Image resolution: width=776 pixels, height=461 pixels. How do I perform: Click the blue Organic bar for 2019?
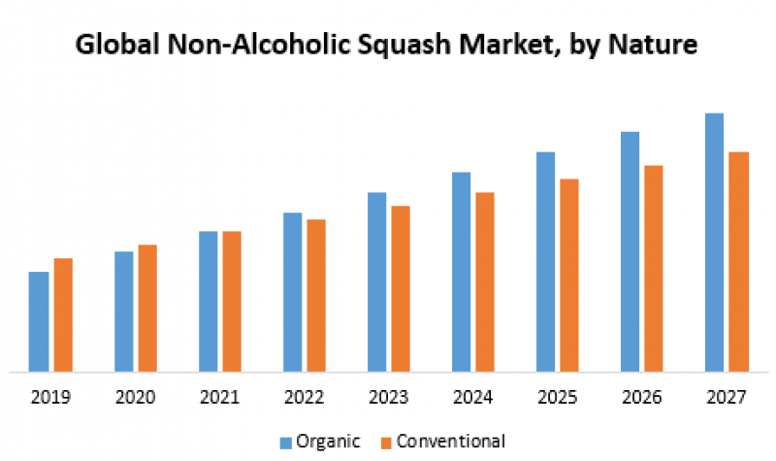click(x=39, y=321)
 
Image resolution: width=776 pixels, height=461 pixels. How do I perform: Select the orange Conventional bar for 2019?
click(x=63, y=314)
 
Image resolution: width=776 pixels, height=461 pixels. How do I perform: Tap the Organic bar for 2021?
click(x=208, y=301)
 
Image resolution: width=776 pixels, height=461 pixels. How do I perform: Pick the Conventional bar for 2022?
click(x=316, y=295)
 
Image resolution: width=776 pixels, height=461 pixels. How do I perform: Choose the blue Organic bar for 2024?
click(x=461, y=272)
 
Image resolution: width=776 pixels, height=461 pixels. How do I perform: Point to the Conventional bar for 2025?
click(x=569, y=275)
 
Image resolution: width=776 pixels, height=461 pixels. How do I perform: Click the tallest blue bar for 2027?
click(x=714, y=242)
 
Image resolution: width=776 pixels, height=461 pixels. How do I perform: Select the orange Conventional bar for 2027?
click(x=738, y=261)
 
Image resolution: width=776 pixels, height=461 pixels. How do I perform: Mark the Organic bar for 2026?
click(x=630, y=251)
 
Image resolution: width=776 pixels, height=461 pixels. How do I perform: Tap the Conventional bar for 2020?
click(x=147, y=308)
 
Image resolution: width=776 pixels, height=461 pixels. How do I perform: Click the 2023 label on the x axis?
click(x=388, y=396)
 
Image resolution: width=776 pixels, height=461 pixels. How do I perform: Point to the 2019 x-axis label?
click(x=50, y=396)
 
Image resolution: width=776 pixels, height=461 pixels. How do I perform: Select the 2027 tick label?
click(x=726, y=396)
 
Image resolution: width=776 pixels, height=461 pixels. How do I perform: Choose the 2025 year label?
click(x=557, y=396)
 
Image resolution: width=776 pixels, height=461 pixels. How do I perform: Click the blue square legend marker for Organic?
click(x=287, y=443)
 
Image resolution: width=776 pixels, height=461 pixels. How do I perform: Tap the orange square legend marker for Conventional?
click(x=384, y=443)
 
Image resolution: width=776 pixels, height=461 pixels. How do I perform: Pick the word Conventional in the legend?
click(x=451, y=443)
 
